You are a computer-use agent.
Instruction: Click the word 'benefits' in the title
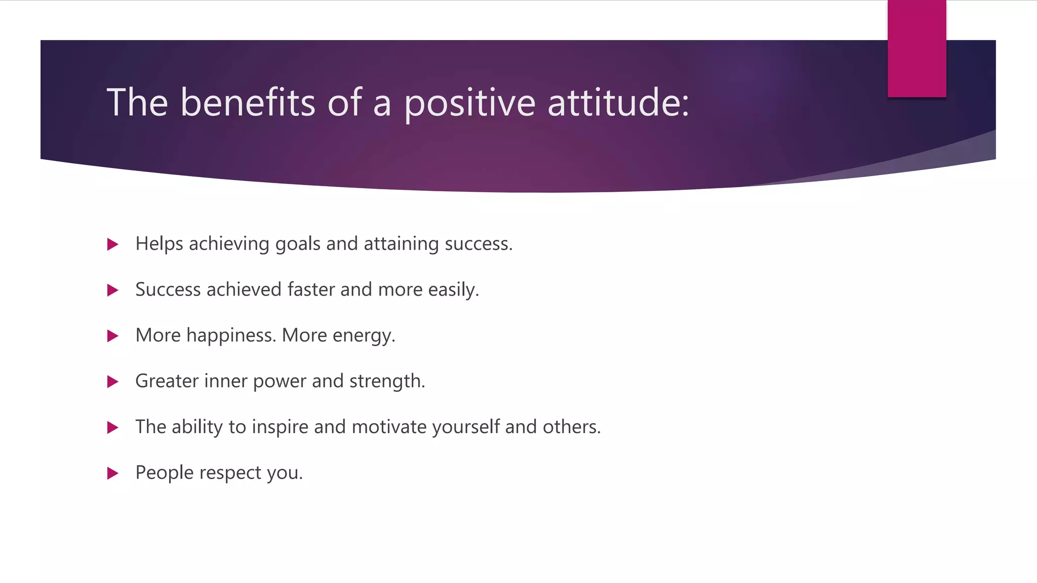pos(248,102)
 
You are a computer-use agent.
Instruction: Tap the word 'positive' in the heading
pos(469,103)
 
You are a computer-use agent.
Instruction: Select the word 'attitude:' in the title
pos(618,102)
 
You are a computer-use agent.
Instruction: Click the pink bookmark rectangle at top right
pos(916,48)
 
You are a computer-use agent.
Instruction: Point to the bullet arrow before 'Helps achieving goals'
pos(112,244)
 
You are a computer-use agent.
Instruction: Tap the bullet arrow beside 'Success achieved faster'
pos(112,290)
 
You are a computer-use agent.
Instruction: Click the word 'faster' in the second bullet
pos(311,289)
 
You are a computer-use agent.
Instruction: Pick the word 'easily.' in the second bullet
pos(453,290)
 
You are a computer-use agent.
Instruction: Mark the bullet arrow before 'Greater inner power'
pos(112,382)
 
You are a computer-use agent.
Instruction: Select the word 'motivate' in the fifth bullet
pos(389,427)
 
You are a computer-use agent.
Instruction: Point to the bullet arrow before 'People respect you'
pos(112,473)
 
